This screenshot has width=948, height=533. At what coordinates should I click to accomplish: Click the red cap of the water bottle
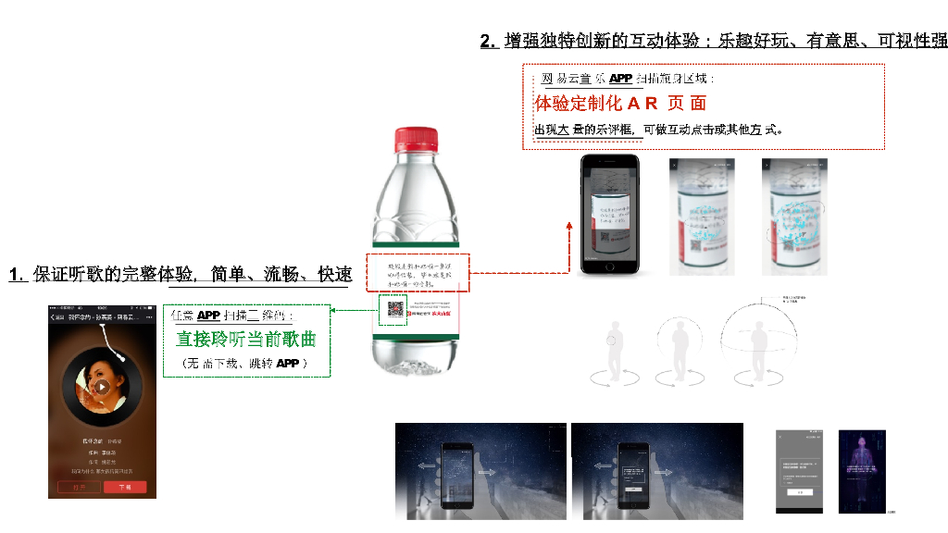(417, 139)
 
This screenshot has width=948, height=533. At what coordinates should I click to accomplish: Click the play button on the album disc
(102, 386)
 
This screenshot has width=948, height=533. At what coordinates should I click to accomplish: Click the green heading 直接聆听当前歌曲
(245, 340)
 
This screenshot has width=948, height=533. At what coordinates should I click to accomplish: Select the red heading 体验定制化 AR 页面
(620, 103)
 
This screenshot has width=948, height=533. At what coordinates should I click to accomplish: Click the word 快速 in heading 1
(334, 275)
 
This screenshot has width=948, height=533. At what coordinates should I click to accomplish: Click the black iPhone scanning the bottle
(611, 214)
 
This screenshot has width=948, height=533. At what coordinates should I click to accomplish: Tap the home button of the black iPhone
(611, 266)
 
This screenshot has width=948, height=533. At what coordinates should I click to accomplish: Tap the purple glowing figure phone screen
(862, 471)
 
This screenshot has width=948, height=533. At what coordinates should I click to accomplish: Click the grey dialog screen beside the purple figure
(800, 471)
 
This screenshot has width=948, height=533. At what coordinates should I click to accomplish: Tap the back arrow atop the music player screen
(53, 316)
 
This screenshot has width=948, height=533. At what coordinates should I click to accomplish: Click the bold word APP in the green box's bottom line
(287, 364)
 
